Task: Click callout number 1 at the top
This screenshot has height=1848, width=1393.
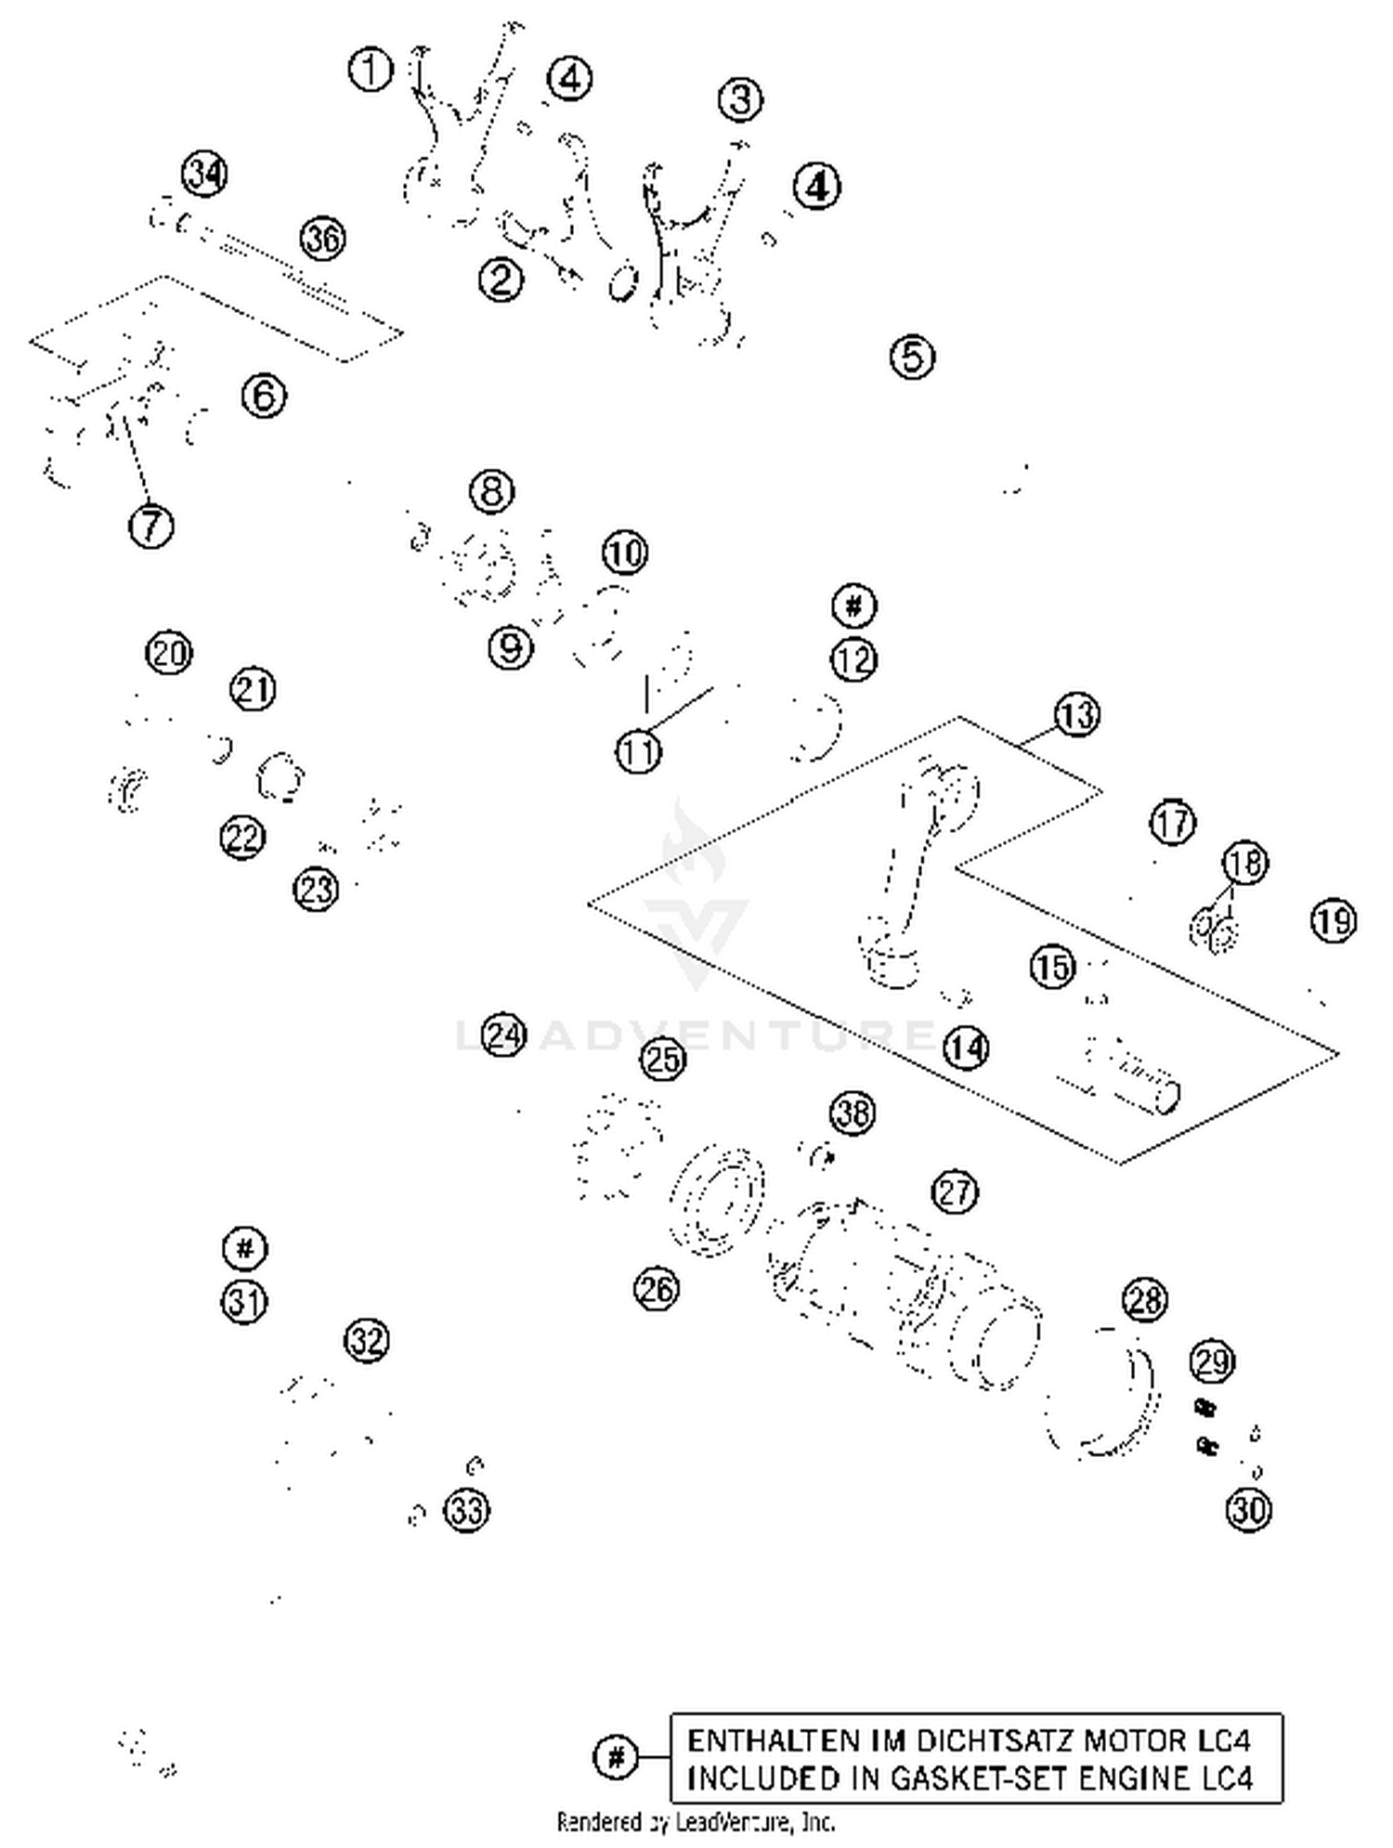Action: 371,70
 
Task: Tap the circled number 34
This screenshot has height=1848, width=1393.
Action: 204,174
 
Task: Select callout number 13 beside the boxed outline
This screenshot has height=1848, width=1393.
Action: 1075,715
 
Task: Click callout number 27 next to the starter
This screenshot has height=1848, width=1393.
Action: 955,1191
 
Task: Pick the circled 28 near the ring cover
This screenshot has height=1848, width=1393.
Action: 1144,1300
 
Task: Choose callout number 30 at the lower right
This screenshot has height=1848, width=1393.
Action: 1248,1510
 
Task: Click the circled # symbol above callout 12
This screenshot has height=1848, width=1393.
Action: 853,606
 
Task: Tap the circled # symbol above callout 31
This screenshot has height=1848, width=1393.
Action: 245,1248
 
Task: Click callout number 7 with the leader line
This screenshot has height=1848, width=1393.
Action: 151,526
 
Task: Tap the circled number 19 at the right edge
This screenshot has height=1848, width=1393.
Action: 1334,920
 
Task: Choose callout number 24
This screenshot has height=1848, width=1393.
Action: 504,1035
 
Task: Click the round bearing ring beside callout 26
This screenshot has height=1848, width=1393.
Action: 717,1203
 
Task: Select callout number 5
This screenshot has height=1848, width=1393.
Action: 912,357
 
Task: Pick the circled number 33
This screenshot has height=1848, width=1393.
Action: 466,1511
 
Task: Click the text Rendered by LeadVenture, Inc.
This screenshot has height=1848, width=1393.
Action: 696,1822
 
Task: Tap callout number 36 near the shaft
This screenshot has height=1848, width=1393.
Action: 322,239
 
